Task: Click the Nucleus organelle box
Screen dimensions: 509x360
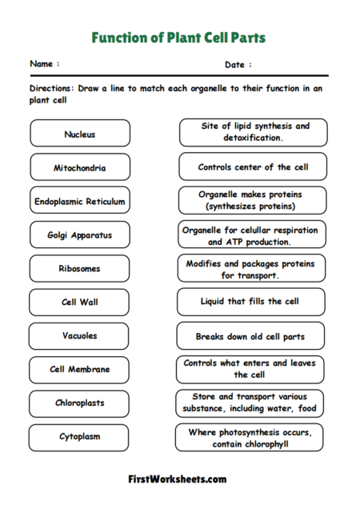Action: coord(80,134)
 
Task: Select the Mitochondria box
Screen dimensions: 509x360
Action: coord(80,167)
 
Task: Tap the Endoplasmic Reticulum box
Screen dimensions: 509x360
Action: coord(80,201)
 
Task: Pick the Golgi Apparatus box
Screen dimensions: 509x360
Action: coord(80,235)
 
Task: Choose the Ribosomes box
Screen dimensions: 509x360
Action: coord(80,269)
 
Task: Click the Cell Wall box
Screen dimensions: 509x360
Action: coord(80,303)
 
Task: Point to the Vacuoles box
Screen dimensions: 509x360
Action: coord(80,336)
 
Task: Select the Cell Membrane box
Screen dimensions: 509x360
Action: coord(80,370)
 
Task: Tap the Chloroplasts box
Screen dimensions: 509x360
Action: coord(80,403)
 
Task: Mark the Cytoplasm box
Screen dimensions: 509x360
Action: coord(80,437)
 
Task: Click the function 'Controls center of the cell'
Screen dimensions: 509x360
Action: coord(252,167)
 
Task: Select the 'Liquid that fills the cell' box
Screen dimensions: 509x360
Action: coord(250,302)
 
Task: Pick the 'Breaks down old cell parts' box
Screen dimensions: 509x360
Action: coord(250,336)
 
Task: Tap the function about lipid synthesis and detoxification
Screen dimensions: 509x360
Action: coord(253,132)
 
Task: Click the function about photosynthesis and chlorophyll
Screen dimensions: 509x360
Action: coord(250,437)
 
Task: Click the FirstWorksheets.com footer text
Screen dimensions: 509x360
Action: coord(177,479)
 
